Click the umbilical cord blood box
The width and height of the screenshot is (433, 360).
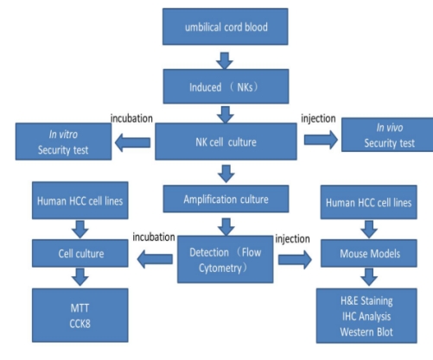226,27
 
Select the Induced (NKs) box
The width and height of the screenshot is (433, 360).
226,86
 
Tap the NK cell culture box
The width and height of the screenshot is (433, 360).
226,142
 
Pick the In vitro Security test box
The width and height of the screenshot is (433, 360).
63,142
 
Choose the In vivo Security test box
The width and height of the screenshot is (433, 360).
387,135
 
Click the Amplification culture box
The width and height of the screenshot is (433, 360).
226,199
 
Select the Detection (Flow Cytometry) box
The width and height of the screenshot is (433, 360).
226,259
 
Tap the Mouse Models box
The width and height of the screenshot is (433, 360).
369,253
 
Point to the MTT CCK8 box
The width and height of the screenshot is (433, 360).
80,315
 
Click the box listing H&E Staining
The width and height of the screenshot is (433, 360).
366,316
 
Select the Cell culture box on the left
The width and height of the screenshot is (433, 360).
80,253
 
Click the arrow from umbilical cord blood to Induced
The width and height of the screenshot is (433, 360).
225,60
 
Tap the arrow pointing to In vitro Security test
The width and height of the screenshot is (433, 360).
132,142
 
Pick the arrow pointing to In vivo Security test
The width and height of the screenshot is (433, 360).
321,140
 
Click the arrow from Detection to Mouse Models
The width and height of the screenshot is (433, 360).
295,260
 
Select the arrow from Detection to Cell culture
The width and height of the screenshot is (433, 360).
155,259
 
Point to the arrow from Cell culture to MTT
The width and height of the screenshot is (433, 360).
80,277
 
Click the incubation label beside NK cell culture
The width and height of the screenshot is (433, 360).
131,118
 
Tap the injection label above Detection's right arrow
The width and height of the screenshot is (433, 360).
292,239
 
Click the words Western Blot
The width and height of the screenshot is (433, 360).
366,332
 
